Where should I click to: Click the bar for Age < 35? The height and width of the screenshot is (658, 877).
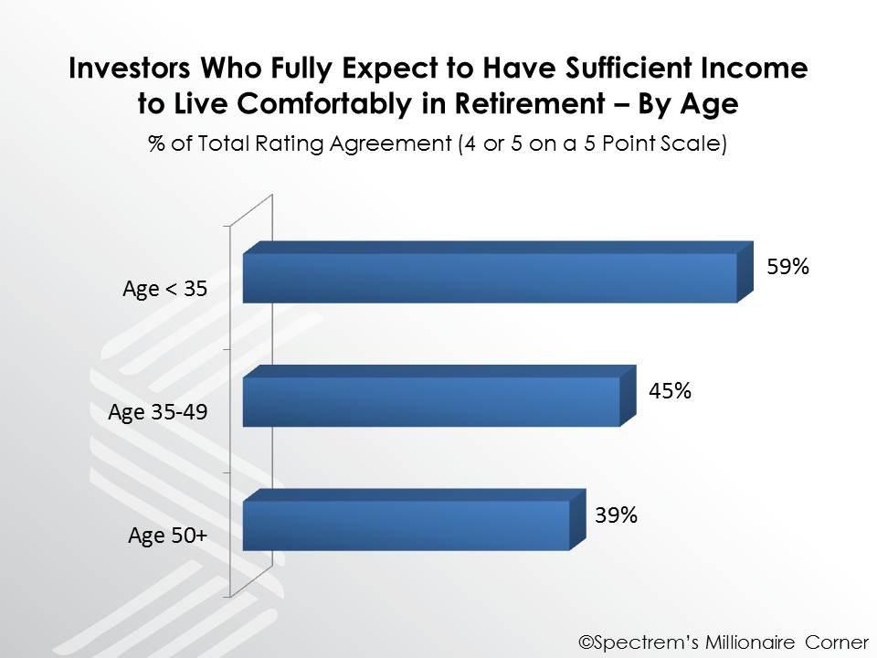pos(498,272)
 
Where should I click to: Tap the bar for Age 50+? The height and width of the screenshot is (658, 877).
pos(414,520)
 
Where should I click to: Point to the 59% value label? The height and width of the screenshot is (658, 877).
pos(787,266)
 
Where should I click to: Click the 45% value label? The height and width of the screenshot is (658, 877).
pos(670,390)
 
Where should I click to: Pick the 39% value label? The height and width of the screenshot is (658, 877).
pos(616,515)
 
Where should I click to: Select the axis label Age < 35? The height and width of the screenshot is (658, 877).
pos(165,289)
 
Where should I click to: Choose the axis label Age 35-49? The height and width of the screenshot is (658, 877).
pos(158,412)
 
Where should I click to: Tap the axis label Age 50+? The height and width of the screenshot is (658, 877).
pos(168,536)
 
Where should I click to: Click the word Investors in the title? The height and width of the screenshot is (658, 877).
pos(130,68)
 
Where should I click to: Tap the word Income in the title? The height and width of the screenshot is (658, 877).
pos(755,68)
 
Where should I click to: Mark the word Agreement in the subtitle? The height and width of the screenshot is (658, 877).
pos(390,144)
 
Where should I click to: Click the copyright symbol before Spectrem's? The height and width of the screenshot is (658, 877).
pos(586,642)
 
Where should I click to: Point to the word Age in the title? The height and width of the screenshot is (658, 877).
pos(709,104)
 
